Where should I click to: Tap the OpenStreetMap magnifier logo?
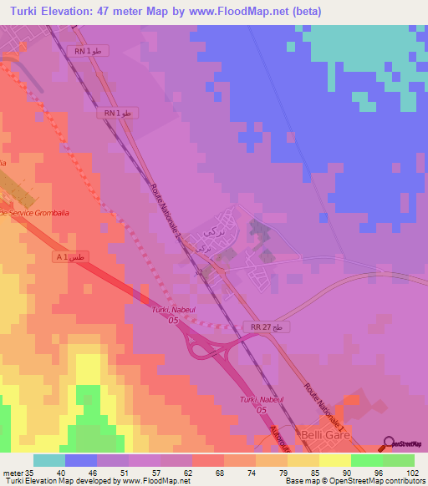[x=388, y=443]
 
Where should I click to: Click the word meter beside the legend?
[x=13, y=472]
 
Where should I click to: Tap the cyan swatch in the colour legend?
[x=49, y=460]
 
